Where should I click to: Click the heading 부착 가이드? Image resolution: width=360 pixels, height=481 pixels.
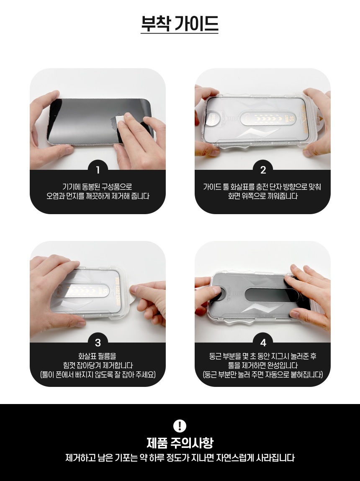pos(180,23)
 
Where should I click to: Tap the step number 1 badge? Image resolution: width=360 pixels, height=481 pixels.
pos(98,170)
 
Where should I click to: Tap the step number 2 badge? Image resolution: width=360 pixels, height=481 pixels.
pos(263,170)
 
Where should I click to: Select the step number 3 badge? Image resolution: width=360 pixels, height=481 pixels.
pos(98,342)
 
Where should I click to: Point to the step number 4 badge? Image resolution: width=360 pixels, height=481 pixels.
pos(263,342)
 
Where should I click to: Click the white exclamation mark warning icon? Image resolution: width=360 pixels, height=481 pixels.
pos(180,425)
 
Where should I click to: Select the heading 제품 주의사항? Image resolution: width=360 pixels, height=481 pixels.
pos(180,443)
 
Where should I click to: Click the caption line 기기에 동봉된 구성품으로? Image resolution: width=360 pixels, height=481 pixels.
pos(98,187)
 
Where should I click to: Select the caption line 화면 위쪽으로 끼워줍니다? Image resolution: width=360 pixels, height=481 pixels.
pos(263,196)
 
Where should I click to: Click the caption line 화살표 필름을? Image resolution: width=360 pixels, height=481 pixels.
pos(98,356)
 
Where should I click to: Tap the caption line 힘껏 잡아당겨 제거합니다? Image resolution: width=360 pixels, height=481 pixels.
pos(98,366)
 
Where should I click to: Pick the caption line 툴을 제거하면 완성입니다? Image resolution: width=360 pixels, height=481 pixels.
pos(263,366)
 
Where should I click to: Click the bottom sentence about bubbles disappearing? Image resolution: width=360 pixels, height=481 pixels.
pos(180,458)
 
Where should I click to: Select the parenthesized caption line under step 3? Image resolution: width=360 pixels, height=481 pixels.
pos(98,375)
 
